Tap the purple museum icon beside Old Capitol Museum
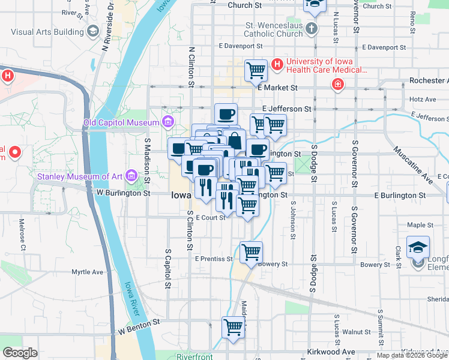[167, 123]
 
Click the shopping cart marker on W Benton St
[234, 328]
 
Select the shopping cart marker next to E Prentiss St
[251, 251]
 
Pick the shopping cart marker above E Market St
[256, 70]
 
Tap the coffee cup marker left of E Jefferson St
[226, 113]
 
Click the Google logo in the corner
[20, 353]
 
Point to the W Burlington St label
[123, 193]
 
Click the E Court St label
[209, 217]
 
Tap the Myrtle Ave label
[88, 272]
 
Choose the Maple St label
[420, 225]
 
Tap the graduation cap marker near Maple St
[418, 247]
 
